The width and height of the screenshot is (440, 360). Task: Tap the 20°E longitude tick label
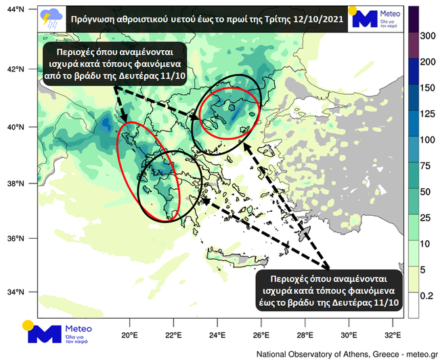tap(129, 334)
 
